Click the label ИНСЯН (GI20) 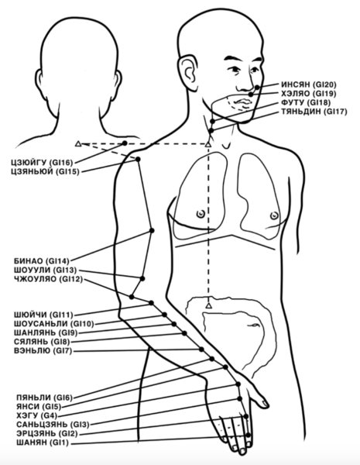pyautogui.click(x=309, y=84)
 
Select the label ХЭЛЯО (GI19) pyautogui.click(x=309, y=94)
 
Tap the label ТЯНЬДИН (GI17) pyautogui.click(x=314, y=112)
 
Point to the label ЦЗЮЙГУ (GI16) pyautogui.click(x=42, y=163)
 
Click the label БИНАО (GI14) pyautogui.click(x=42, y=261)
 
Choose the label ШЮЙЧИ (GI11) pyautogui.click(x=43, y=315)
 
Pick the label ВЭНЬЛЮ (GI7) pyautogui.click(x=43, y=351)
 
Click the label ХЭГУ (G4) pyautogui.click(x=37, y=415)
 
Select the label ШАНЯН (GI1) pyautogui.click(x=43, y=443)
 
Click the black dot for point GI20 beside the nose pyautogui.click(x=257, y=87)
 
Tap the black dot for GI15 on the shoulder pyautogui.click(x=138, y=159)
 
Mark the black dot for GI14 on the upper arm pyautogui.click(x=152, y=230)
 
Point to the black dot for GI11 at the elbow pyautogui.click(x=151, y=303)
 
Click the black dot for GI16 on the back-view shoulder pyautogui.click(x=125, y=143)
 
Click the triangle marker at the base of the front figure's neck pyautogui.click(x=208, y=145)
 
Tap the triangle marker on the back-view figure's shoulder pyautogui.click(x=78, y=144)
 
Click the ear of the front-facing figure pyautogui.click(x=187, y=71)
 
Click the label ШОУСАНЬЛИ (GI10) pyautogui.click(x=53, y=324)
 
